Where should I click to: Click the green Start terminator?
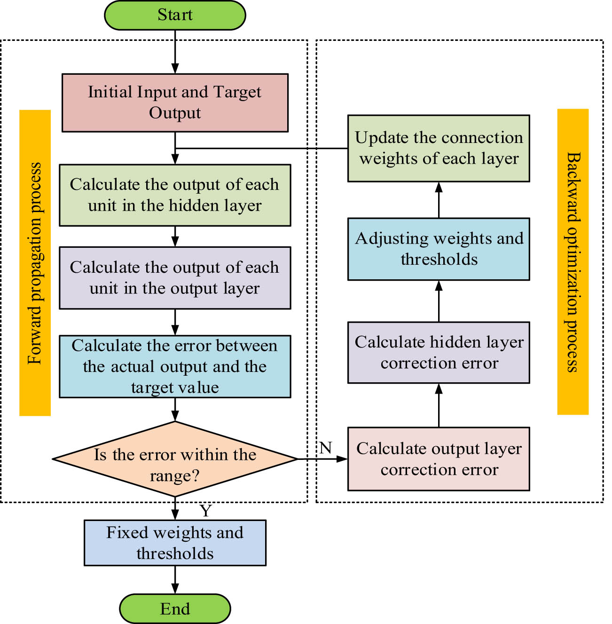175,15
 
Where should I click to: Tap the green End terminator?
175,608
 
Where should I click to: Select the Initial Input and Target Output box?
175,103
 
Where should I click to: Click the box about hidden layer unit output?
175,195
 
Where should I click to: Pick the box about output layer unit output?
175,277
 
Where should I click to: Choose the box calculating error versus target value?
175,366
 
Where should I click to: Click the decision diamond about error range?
175,459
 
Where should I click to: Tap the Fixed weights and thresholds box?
175,543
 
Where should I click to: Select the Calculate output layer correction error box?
439,459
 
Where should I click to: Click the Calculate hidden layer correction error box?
439,352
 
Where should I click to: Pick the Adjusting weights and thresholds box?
439,249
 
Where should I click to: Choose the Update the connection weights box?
439,148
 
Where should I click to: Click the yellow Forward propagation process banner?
35,263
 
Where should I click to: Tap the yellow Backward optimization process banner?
573,262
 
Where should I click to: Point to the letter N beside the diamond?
326,448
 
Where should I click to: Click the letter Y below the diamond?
206,511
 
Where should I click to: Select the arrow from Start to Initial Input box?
175,52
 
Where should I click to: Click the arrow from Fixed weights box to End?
175,579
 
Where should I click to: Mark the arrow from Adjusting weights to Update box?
439,200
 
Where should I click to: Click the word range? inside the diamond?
175,476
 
